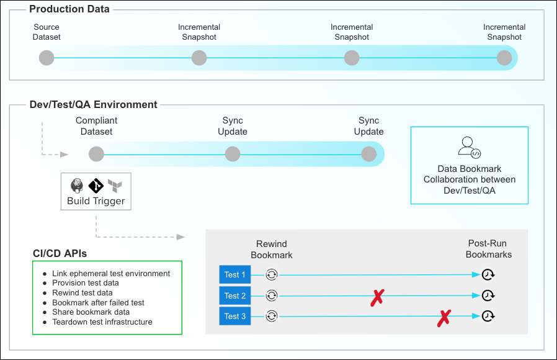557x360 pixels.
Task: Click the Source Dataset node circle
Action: [x=47, y=58]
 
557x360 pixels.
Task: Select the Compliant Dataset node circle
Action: [x=96, y=154]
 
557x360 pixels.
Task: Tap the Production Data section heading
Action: [x=69, y=9]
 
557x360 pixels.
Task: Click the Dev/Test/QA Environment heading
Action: [x=94, y=105]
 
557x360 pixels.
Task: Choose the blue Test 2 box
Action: [x=235, y=295]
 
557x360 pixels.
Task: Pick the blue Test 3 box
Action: [x=235, y=317]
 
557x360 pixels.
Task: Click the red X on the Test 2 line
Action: [x=377, y=297]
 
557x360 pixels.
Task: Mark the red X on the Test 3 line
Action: [x=444, y=318]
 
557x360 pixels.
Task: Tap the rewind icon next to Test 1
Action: [x=271, y=275]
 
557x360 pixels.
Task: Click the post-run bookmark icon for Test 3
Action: [x=489, y=317]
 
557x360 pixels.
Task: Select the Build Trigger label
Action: [x=96, y=201]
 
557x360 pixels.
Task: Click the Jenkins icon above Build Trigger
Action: [x=77, y=185]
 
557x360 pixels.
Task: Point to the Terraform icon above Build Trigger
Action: [x=114, y=185]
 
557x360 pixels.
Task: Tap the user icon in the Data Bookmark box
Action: [x=469, y=147]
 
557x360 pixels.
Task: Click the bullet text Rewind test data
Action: [x=82, y=293]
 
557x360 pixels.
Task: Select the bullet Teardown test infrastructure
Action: [x=102, y=322]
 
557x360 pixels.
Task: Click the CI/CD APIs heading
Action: [x=60, y=253]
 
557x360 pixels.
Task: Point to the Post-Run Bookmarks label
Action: [x=489, y=250]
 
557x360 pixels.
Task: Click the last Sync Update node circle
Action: [x=369, y=154]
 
